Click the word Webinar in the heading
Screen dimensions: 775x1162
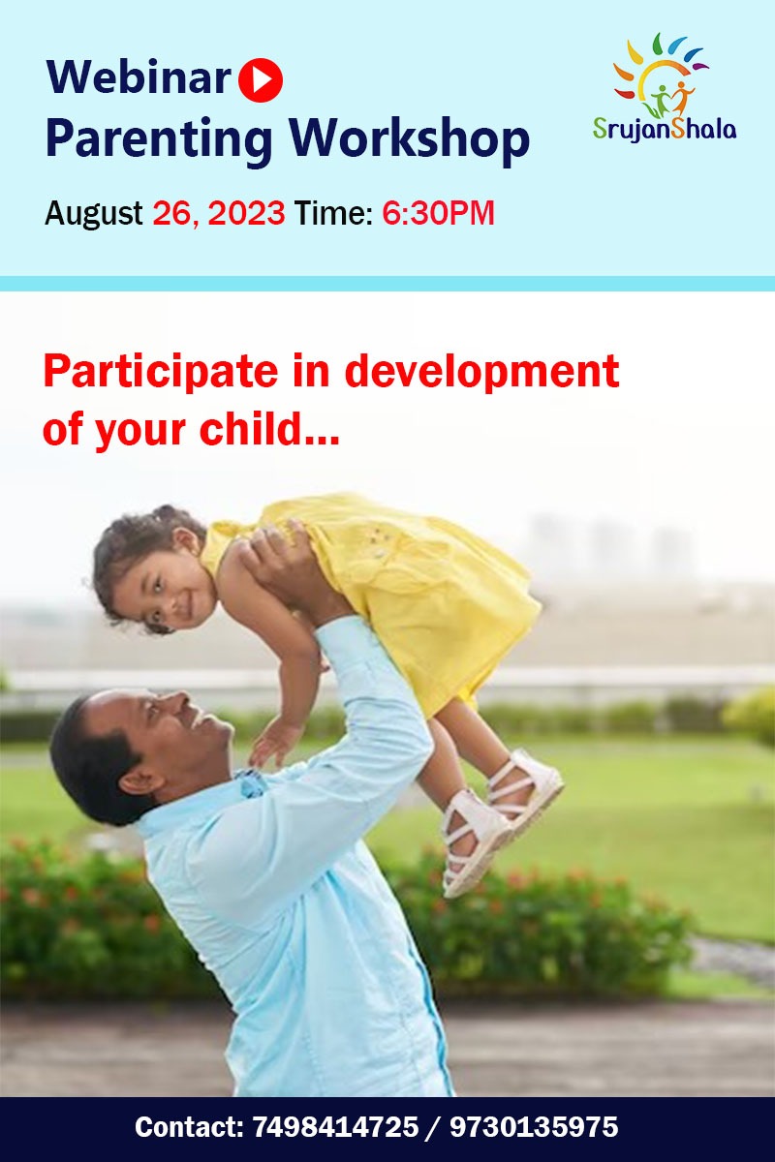[x=138, y=77]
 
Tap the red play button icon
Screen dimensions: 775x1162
[x=261, y=79]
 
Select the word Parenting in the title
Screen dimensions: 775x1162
[x=159, y=138]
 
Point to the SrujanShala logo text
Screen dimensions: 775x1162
[x=665, y=129]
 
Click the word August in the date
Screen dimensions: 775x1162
[x=93, y=213]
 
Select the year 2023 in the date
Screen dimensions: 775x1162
[x=247, y=213]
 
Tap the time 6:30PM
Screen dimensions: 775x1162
[x=439, y=213]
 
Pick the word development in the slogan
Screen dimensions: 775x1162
[x=481, y=372]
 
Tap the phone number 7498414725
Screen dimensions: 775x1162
[x=335, y=1127]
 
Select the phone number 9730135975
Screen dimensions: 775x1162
[x=534, y=1127]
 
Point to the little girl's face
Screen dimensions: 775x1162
[x=166, y=589]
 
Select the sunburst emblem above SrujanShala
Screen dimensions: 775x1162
[x=661, y=76]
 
